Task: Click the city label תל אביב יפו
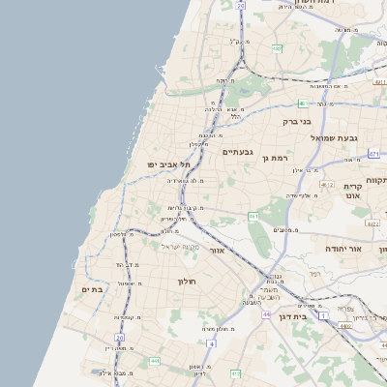[x=164, y=164]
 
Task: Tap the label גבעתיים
[x=237, y=152]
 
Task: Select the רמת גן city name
[x=275, y=157]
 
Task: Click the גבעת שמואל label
[x=335, y=138]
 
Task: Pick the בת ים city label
[x=92, y=289]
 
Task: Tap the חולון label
[x=186, y=281]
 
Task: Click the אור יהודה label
[x=341, y=250]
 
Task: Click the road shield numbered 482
[x=277, y=48]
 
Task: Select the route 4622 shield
[x=372, y=223]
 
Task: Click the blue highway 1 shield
[x=324, y=315]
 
